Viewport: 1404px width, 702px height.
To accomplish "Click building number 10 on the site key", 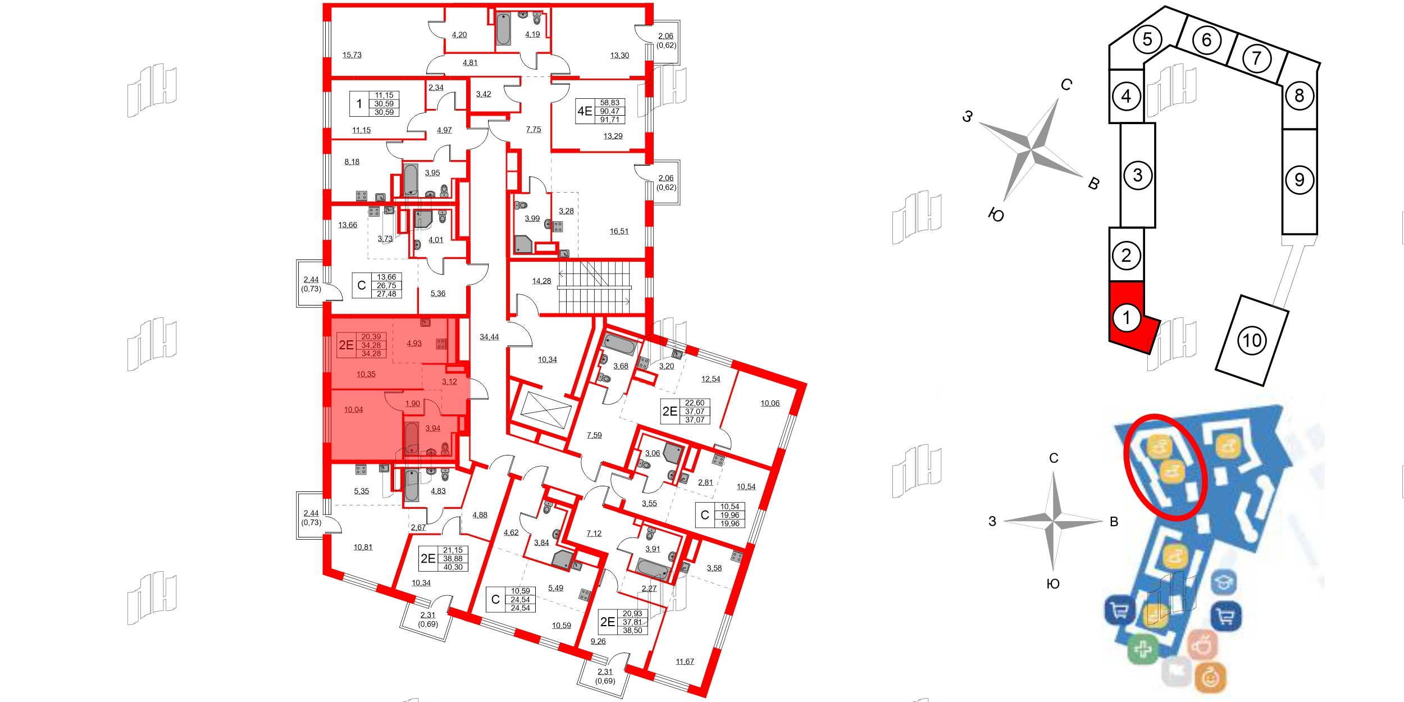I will (x=1252, y=340).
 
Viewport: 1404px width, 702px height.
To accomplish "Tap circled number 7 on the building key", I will (x=1256, y=58).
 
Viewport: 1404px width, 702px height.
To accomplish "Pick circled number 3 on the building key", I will (x=1137, y=175).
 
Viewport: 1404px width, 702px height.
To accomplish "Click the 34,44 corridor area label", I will (x=489, y=337).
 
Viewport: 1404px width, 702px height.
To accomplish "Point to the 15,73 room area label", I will (x=352, y=55).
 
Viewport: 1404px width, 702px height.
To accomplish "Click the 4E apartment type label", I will (x=585, y=111).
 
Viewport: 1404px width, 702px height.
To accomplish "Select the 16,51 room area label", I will (x=619, y=231).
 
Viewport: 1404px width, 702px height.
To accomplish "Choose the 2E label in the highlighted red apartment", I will (x=346, y=345).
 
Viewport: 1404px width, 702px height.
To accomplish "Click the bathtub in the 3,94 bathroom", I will (x=411, y=439).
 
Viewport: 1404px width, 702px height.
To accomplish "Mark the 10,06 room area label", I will (x=769, y=403).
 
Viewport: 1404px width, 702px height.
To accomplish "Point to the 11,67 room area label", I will (x=685, y=662).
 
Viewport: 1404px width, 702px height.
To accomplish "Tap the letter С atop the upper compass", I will (x=1066, y=85).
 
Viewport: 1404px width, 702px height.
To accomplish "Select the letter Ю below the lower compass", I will (x=1053, y=584).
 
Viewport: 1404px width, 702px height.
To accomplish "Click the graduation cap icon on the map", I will (x=1224, y=582).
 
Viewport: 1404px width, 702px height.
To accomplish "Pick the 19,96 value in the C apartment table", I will (x=730, y=515).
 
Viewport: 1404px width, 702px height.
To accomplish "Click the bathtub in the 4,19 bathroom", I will (x=503, y=29).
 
